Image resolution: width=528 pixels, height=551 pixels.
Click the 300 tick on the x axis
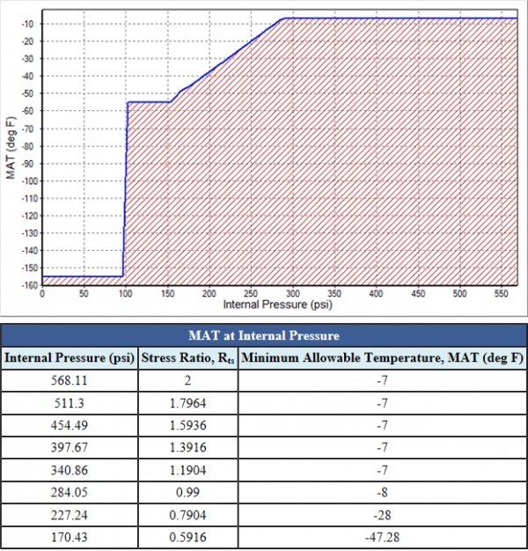coord(293,295)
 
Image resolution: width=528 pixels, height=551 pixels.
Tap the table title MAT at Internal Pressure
coord(264,335)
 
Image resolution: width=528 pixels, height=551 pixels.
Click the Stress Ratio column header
coord(187,358)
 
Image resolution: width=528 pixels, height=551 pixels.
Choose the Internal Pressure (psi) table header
coord(70,358)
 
